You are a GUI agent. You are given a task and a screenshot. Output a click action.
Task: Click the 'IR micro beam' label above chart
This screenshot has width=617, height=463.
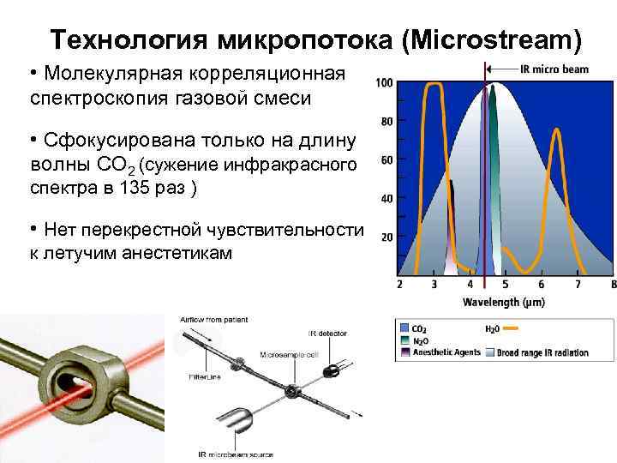[554, 69]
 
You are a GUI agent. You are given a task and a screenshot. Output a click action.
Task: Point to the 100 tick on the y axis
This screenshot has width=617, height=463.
[384, 83]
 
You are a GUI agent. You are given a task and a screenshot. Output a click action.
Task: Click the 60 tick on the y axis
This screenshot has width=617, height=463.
[386, 160]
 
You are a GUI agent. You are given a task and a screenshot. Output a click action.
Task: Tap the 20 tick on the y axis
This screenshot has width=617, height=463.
[386, 238]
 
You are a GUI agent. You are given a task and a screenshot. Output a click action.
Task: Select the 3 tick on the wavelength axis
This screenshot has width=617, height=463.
[434, 284]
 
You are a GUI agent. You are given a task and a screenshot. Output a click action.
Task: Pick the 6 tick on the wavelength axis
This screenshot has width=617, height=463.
[542, 284]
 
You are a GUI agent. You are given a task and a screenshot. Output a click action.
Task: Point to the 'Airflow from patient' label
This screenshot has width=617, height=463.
[214, 319]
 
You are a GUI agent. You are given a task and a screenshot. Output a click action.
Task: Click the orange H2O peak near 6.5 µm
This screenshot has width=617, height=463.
[555, 130]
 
